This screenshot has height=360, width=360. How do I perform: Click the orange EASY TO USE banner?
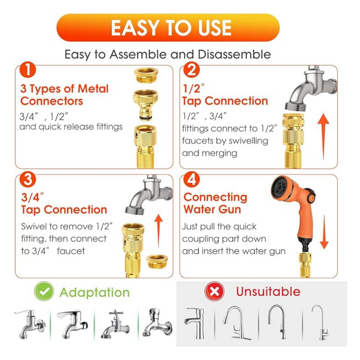168,27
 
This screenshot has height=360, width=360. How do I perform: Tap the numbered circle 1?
27,70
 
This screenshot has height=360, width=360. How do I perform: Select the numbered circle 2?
191,70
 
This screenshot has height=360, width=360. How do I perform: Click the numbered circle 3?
27,179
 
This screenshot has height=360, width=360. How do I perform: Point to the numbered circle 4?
191,179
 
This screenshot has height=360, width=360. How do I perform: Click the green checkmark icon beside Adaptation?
44,291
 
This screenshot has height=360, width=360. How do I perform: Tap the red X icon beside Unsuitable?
214,291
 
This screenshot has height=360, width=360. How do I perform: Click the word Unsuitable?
268,291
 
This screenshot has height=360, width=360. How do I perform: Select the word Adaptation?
94,292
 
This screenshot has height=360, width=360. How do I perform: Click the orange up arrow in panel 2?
323,136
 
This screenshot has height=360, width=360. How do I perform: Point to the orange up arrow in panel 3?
158,231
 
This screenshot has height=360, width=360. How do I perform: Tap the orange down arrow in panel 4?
324,232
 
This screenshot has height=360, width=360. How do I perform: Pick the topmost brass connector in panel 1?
146,75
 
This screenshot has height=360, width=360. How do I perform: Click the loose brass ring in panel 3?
157,261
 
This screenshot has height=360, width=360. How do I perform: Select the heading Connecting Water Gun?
215,203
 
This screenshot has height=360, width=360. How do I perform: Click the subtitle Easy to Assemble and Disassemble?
167,54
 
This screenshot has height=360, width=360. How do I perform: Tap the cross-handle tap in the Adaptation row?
115,324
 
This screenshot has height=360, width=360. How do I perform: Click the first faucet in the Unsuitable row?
194,323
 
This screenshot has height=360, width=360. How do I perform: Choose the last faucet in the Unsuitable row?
321,322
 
